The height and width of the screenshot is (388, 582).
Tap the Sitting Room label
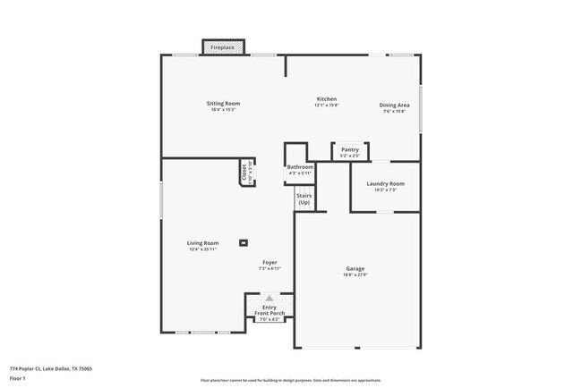[225, 104]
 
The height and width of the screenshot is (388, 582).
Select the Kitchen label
[326, 98]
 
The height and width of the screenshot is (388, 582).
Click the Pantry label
[350, 149]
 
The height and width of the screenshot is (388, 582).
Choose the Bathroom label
[300, 167]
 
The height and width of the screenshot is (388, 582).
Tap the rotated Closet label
[244, 172]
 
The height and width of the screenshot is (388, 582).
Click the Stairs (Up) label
[304, 199]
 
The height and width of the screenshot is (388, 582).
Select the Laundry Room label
[385, 183]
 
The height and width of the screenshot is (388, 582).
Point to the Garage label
[355, 268]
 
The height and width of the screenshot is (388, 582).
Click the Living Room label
[202, 243]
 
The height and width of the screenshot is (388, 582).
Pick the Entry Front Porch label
[270, 310]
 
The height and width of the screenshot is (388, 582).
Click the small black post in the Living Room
[244, 242]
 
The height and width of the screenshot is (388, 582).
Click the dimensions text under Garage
[355, 275]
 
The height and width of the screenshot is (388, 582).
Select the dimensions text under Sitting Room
[225, 110]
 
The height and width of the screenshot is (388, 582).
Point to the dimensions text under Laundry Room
[385, 190]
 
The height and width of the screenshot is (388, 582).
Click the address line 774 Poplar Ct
[51, 368]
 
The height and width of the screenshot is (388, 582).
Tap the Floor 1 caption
[18, 379]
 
